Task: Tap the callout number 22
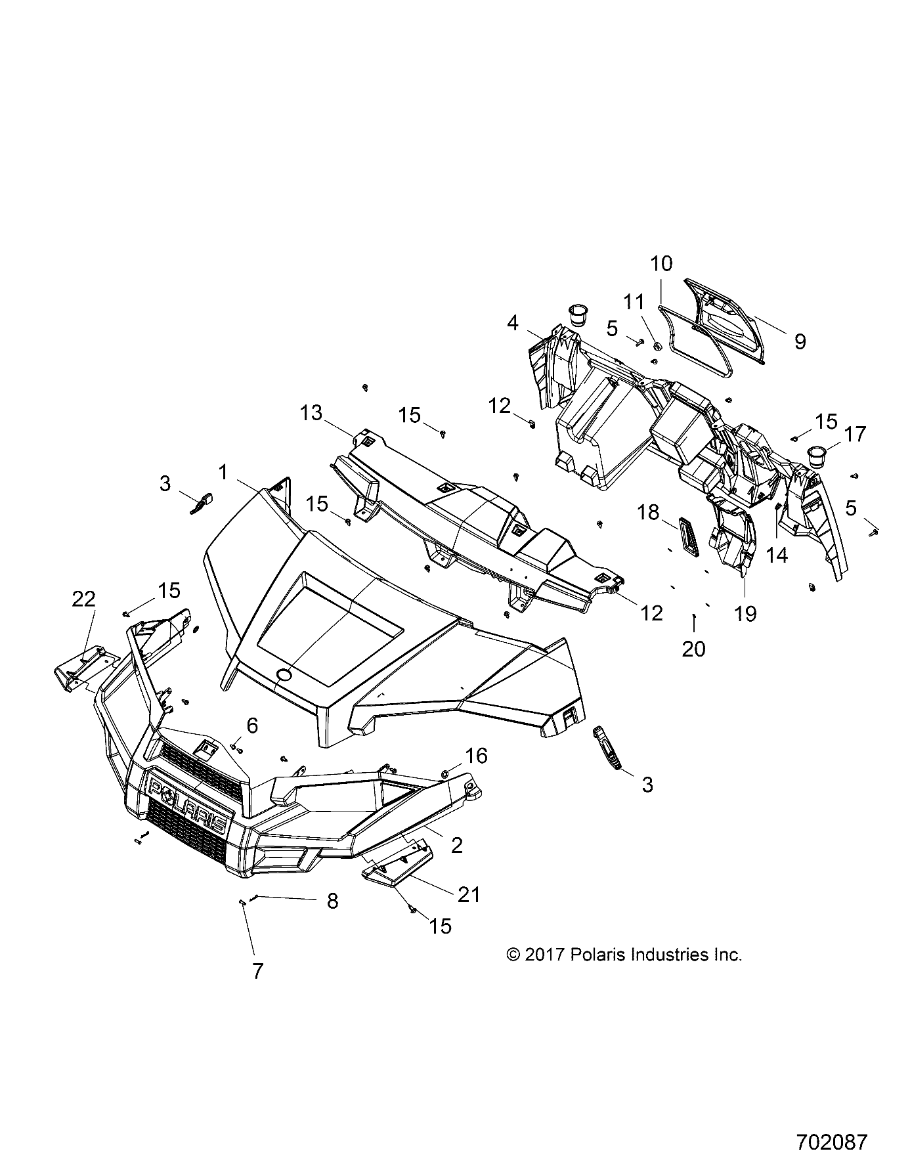click(84, 599)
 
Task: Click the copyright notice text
click(624, 955)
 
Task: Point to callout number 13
click(311, 413)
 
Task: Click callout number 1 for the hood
click(223, 472)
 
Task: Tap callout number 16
click(476, 756)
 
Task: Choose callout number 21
click(469, 894)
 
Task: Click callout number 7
click(257, 970)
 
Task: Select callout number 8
click(332, 901)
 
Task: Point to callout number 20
click(693, 649)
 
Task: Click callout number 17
click(856, 434)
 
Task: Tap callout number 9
click(799, 341)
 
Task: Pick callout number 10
click(661, 263)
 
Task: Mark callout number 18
click(649, 512)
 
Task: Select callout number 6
click(252, 726)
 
